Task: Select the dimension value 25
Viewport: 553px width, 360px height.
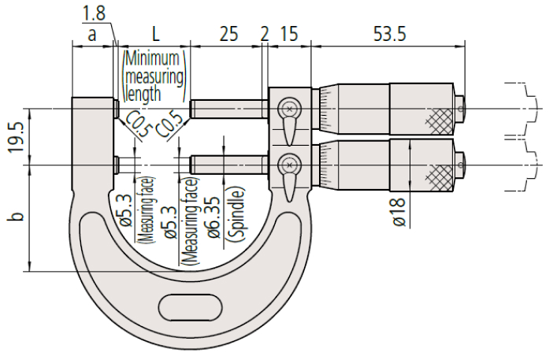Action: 228,35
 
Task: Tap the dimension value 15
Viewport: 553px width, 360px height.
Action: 289,35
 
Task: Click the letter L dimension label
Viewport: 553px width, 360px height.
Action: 155,35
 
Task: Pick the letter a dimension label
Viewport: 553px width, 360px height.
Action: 92,35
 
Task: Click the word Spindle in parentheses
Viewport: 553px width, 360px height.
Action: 236,213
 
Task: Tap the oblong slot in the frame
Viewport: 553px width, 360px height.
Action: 189,304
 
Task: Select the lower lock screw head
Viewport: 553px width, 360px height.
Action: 290,165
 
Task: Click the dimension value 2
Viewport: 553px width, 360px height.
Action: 264,35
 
